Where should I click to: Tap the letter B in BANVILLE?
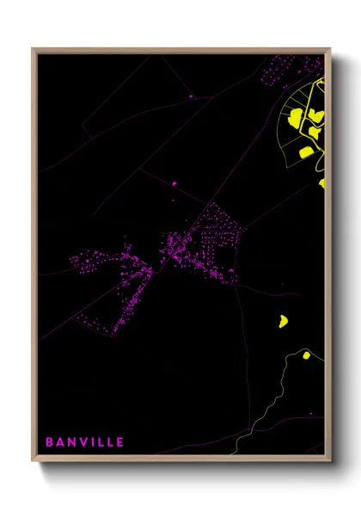click(x=50, y=442)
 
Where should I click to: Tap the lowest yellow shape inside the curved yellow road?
click(x=306, y=153)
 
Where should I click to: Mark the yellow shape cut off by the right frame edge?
click(x=322, y=183)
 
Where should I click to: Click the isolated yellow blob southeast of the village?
click(x=283, y=321)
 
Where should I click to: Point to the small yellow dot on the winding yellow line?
click(x=306, y=354)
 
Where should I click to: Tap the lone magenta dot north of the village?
click(x=174, y=182)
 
